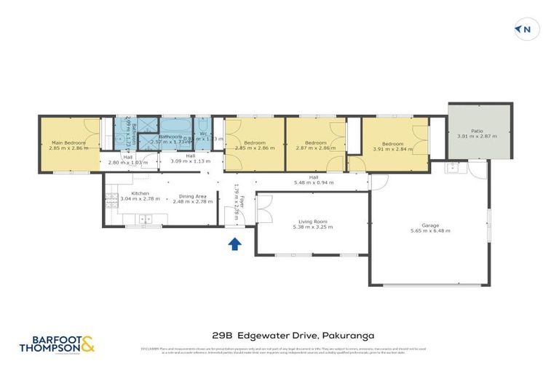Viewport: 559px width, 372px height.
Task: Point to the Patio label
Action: (477, 131)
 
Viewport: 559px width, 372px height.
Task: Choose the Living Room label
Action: (312, 222)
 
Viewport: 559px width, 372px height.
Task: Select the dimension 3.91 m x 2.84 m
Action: (393, 149)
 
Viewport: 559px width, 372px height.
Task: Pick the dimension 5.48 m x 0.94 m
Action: (313, 183)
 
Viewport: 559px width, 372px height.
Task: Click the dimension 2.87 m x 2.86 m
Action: (316, 148)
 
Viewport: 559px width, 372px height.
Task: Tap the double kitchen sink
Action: (143, 218)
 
